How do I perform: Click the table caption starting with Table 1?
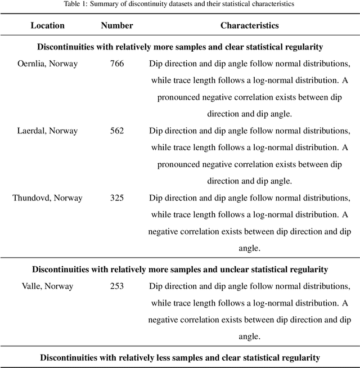click(x=179, y=4)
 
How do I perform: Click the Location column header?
click(x=47, y=25)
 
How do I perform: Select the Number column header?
click(x=117, y=25)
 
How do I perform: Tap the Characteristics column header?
click(x=249, y=25)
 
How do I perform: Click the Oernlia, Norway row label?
click(x=47, y=64)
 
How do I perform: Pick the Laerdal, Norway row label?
click(x=47, y=131)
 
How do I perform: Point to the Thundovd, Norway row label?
click(x=47, y=198)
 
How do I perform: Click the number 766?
click(x=117, y=64)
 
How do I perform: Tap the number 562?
click(x=117, y=131)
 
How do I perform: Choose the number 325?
click(x=117, y=198)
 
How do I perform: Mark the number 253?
click(x=117, y=286)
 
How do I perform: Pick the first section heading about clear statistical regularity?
click(x=180, y=47)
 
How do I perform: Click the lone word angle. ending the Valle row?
click(x=249, y=336)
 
